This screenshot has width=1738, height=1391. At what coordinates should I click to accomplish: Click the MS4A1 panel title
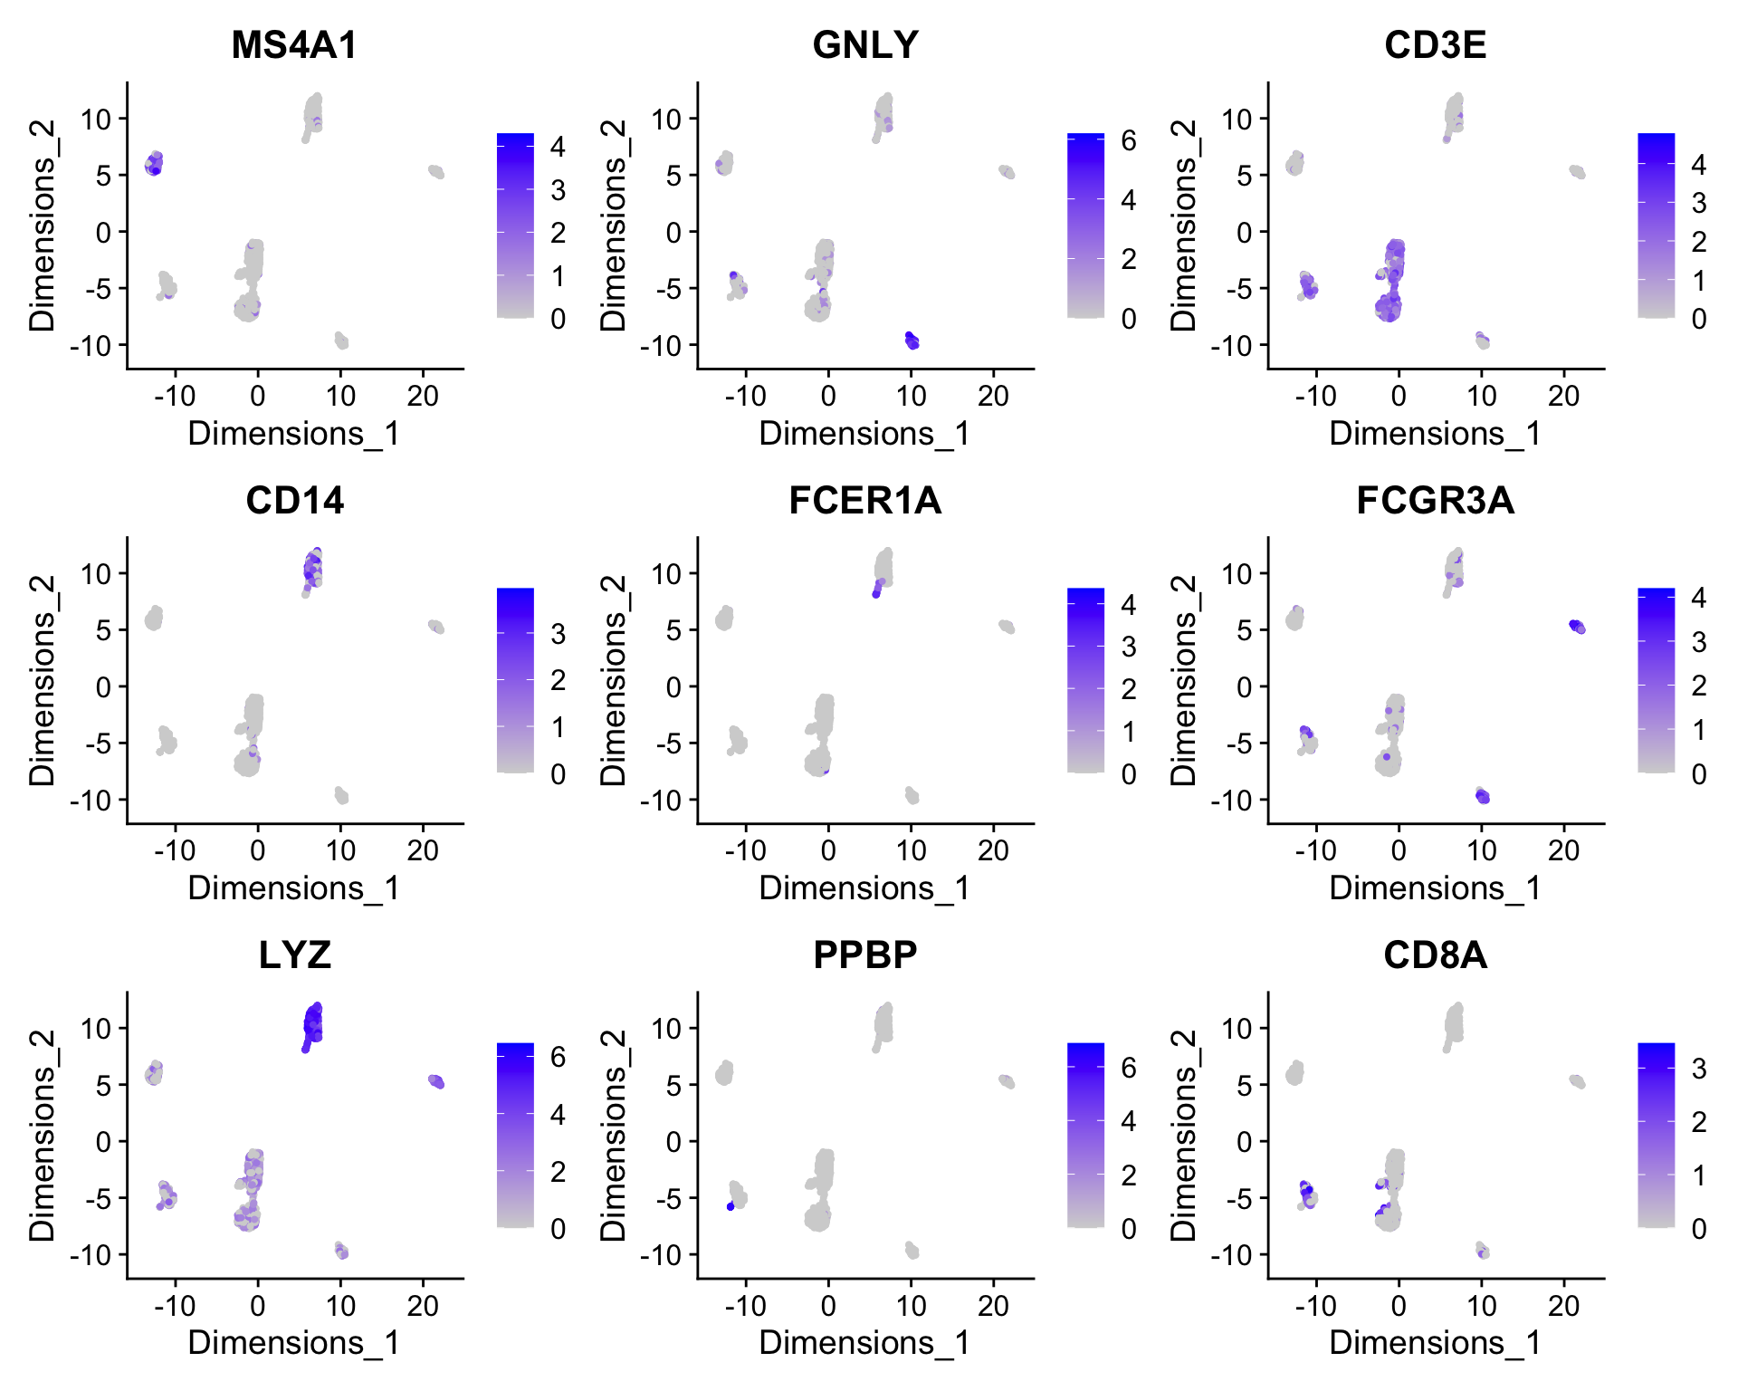tap(294, 45)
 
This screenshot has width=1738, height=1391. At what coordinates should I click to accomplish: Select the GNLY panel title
tap(865, 45)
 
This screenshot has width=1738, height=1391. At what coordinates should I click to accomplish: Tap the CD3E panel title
tap(1435, 45)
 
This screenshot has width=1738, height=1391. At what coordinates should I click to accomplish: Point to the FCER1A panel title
tap(865, 501)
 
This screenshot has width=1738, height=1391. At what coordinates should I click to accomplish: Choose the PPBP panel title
tap(865, 955)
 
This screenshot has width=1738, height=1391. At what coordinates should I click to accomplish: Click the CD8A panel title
tap(1435, 955)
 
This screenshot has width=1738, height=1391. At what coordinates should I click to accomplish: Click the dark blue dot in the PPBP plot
tap(731, 1206)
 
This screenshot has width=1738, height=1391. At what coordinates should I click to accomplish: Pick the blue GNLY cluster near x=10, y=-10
tap(912, 341)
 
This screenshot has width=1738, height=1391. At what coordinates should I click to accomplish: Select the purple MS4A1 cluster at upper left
tap(154, 164)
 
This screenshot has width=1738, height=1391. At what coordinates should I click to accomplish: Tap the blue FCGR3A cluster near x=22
tap(1577, 627)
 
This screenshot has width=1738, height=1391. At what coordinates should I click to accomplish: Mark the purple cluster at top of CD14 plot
tap(312, 571)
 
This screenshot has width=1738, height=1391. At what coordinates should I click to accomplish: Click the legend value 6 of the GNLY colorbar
tap(1128, 141)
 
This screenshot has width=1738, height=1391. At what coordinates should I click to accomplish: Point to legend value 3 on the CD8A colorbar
tap(1699, 1070)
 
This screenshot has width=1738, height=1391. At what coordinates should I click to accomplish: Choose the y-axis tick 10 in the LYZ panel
tap(95, 1029)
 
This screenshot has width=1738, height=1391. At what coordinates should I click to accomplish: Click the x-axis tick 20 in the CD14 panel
tap(423, 851)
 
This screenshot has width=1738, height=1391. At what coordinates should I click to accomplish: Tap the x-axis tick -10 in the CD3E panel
tap(1315, 397)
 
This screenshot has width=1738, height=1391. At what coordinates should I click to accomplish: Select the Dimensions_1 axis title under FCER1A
tap(864, 888)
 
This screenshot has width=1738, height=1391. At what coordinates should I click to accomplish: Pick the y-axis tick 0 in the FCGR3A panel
tap(1244, 687)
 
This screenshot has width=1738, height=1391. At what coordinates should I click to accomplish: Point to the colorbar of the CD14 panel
tap(515, 680)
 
